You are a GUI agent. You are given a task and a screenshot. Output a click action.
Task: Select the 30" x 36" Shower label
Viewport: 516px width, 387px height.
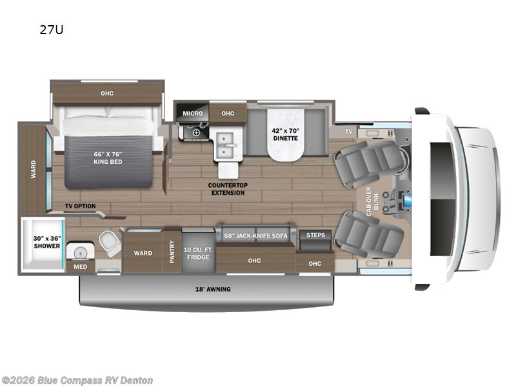coord(46,242)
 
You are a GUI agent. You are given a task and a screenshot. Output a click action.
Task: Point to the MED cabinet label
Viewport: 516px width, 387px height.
coord(80,266)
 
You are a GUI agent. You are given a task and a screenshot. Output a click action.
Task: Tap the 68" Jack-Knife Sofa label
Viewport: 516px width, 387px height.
coord(255,235)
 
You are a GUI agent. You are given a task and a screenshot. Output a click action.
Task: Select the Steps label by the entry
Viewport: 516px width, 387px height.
coord(315,235)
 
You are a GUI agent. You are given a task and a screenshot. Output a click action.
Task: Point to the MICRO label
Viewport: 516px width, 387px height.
coord(192,114)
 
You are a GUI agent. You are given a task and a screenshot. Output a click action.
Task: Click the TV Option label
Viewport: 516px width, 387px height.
coord(80,206)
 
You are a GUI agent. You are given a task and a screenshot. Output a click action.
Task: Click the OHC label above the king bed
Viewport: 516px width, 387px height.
coord(107,94)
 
